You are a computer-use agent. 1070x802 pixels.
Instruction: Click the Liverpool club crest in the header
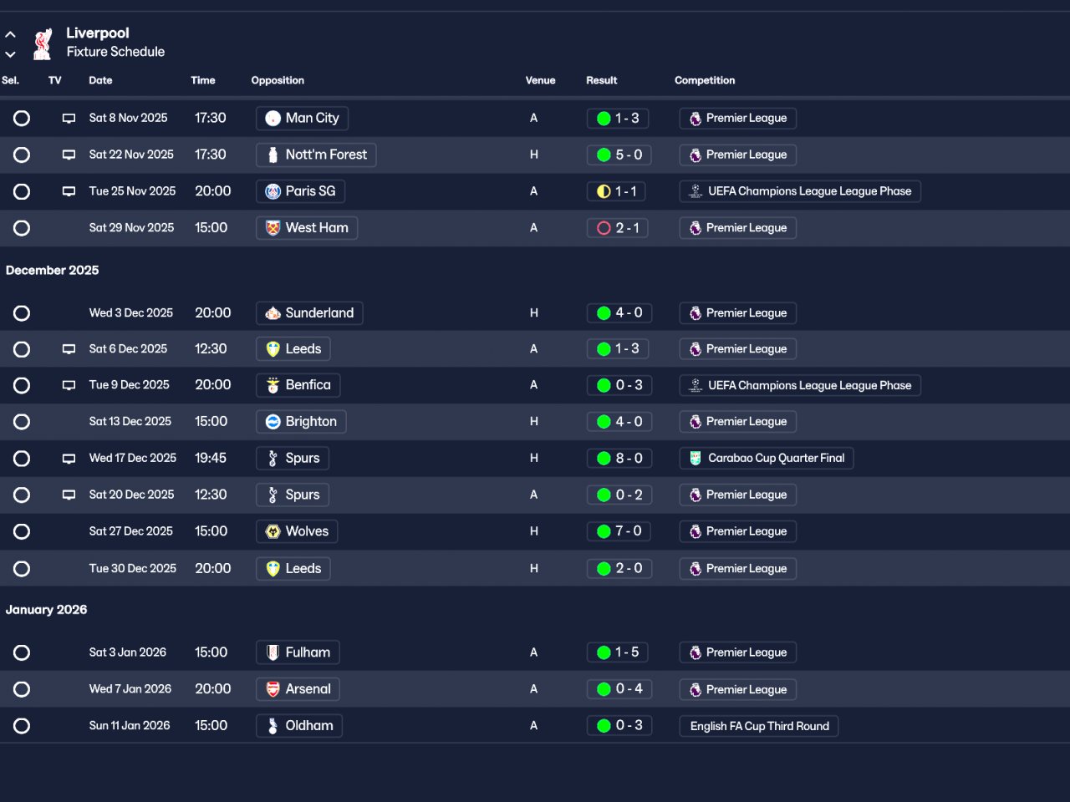click(x=43, y=43)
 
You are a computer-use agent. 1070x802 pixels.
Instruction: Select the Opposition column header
click(x=278, y=80)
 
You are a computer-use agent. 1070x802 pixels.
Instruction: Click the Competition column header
click(x=705, y=80)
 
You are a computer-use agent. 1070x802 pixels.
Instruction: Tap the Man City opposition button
click(x=302, y=119)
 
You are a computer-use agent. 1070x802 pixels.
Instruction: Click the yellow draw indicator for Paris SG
click(x=604, y=191)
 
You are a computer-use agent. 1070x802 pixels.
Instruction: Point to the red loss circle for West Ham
click(x=604, y=228)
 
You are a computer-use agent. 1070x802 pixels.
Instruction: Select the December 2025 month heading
click(x=52, y=270)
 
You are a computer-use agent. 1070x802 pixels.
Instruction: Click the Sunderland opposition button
click(x=309, y=312)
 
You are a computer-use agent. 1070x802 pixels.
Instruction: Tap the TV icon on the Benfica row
click(x=69, y=385)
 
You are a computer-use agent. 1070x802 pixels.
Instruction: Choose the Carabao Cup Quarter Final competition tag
click(x=767, y=458)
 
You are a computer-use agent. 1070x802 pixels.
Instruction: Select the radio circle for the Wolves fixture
click(x=22, y=531)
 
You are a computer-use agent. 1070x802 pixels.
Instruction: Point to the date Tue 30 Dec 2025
click(x=133, y=568)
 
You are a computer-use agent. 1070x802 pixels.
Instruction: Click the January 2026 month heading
click(x=46, y=610)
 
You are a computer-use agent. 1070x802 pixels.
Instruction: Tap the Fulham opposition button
click(x=298, y=652)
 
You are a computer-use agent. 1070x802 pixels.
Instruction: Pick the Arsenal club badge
click(x=273, y=689)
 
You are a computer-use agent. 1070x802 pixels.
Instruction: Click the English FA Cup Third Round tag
click(x=759, y=726)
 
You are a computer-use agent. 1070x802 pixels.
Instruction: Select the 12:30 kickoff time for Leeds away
click(x=211, y=348)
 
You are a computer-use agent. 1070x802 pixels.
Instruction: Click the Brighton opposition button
click(x=301, y=422)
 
